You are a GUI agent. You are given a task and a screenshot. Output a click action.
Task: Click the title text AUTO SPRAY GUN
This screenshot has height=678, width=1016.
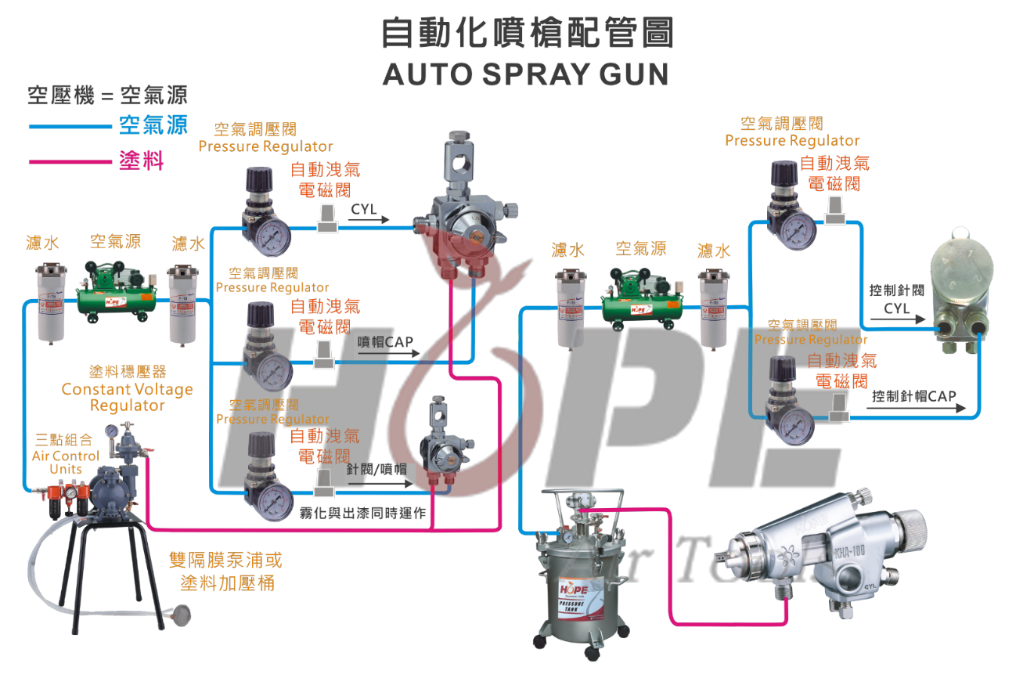click(525, 74)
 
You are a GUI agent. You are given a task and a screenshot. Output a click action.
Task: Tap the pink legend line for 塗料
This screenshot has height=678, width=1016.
click(70, 162)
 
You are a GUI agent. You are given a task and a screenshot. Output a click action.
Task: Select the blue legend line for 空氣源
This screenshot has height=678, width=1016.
click(70, 126)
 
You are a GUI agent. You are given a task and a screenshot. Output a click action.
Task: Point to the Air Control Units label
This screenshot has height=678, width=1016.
click(66, 462)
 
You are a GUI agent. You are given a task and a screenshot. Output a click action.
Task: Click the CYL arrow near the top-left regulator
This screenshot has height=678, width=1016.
click(369, 216)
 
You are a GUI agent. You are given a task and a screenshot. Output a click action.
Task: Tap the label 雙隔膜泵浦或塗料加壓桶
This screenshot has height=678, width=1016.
click(226, 572)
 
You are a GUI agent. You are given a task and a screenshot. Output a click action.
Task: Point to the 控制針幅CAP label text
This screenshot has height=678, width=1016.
click(913, 395)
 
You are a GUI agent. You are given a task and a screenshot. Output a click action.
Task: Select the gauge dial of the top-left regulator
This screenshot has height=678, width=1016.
click(272, 233)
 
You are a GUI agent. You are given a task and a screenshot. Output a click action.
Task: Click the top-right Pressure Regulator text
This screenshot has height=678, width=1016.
click(792, 141)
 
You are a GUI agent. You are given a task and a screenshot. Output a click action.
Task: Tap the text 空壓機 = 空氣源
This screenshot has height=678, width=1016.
click(107, 96)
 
